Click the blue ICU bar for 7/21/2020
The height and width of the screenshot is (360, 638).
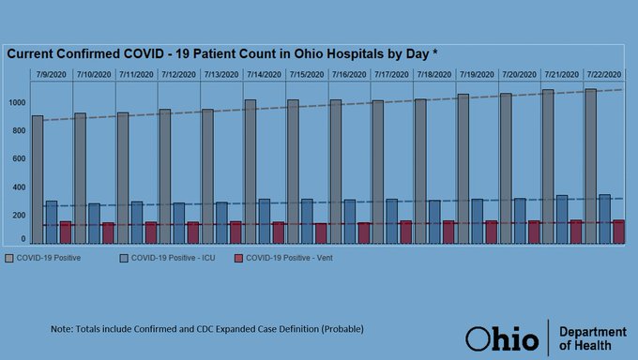[562, 219]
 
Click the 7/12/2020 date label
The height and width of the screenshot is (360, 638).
[178, 73]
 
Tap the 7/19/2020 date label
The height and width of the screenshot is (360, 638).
[476, 73]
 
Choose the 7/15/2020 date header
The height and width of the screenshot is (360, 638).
[306, 73]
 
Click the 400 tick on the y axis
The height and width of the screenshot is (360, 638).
[19, 187]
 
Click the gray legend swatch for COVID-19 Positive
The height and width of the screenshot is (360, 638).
[10, 257]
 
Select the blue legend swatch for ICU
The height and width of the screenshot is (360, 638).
[124, 257]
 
